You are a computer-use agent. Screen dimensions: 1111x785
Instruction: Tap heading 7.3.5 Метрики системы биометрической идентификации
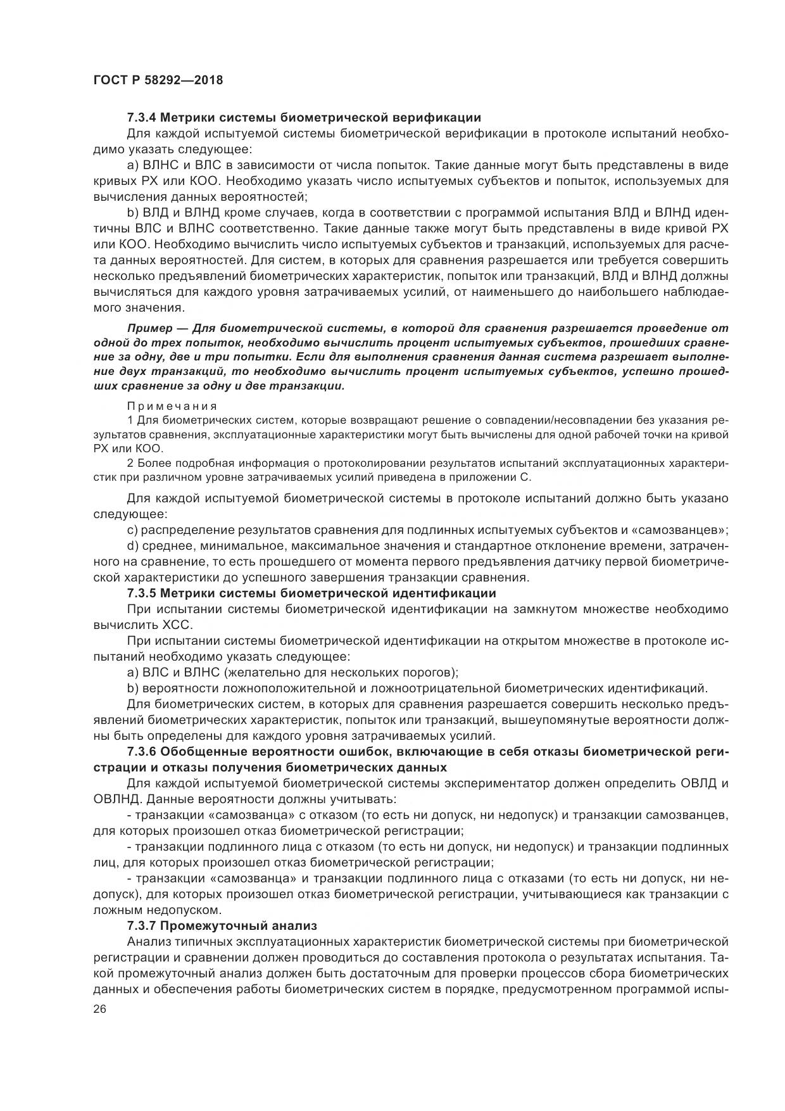click(311, 594)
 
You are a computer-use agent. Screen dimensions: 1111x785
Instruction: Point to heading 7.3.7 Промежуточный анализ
click(222, 926)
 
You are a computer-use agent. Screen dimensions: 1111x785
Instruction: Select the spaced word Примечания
click(172, 406)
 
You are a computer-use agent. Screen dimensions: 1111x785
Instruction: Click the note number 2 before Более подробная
click(130, 463)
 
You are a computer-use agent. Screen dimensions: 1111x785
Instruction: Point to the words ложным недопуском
click(157, 910)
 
